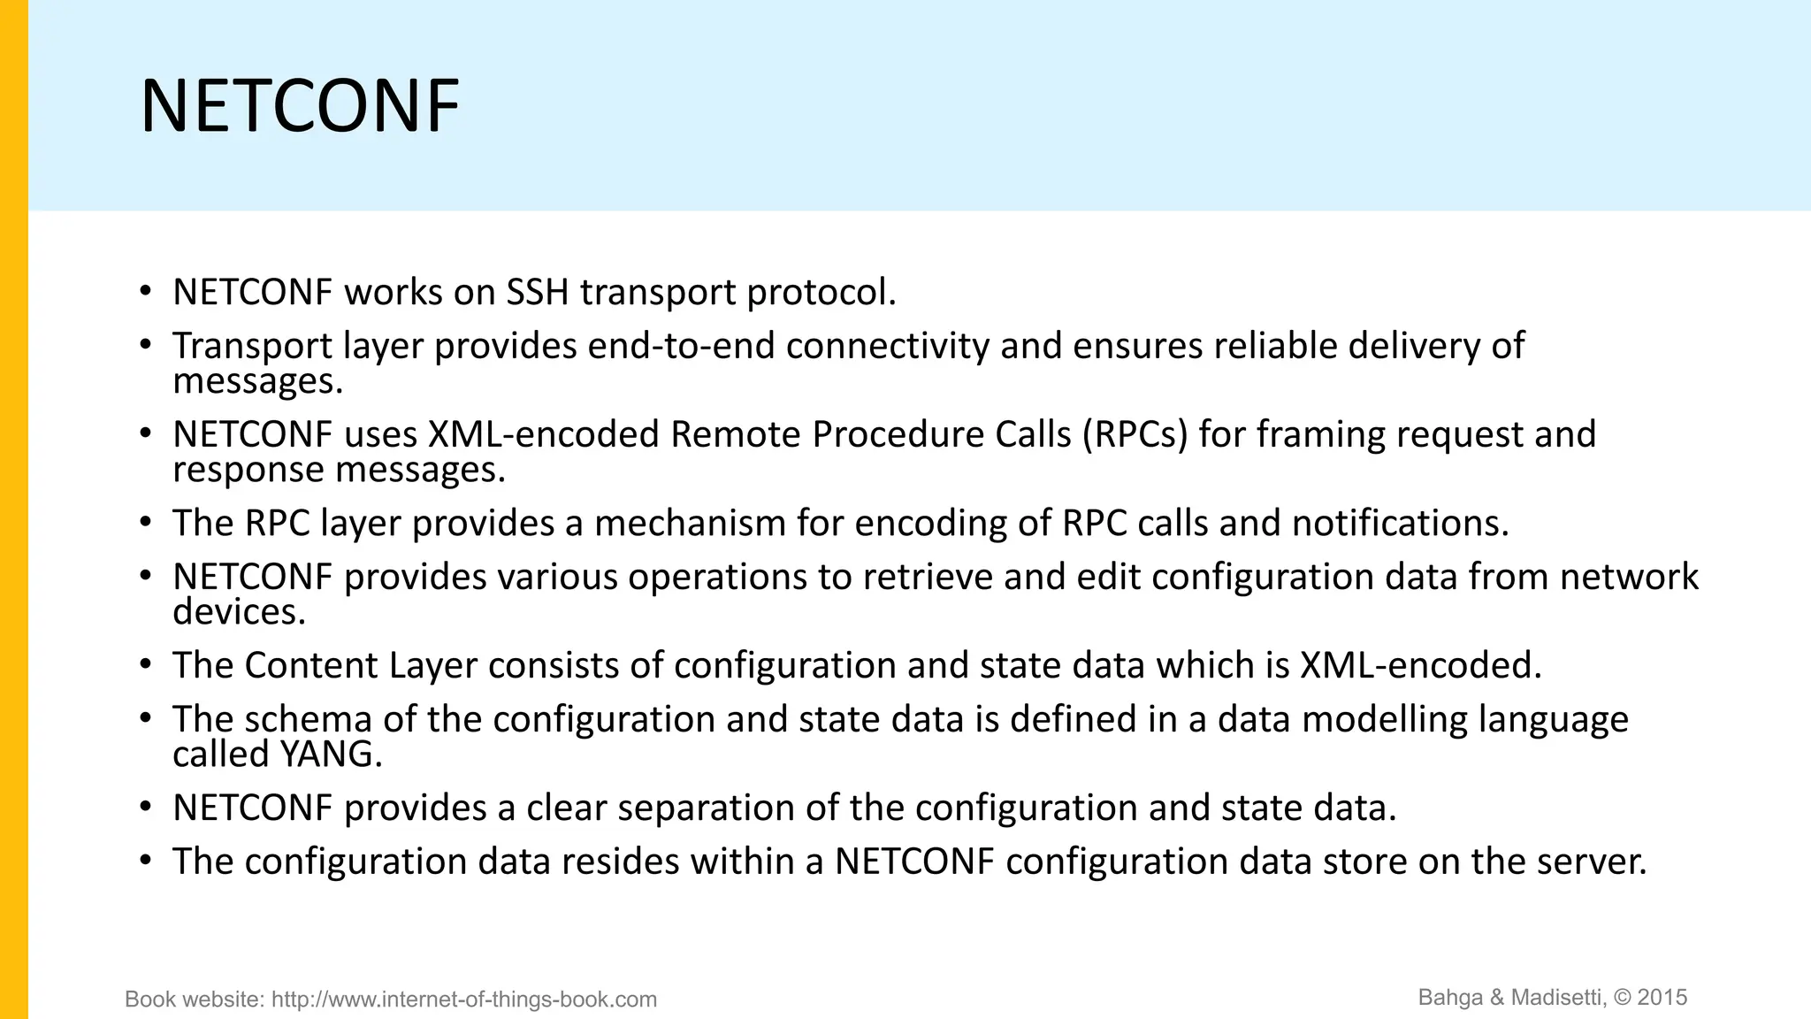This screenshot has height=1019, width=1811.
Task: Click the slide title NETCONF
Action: point(300,107)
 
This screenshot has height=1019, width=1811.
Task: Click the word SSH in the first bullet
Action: point(537,293)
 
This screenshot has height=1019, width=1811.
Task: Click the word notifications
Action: point(1400,524)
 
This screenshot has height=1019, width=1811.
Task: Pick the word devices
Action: point(239,612)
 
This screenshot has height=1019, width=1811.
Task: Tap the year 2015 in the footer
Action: point(1662,998)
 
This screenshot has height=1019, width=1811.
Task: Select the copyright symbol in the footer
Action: point(1623,998)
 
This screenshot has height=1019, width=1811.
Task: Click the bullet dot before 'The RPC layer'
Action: point(146,523)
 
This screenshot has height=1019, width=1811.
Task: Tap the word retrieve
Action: point(927,578)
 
